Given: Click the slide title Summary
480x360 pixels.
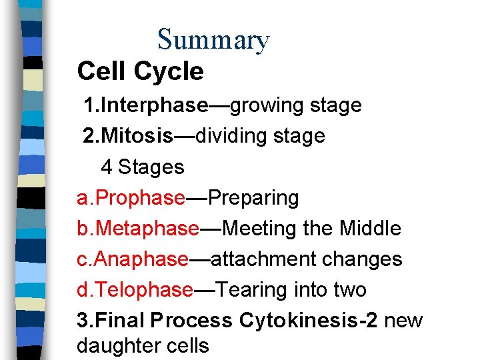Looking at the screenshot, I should [x=213, y=40].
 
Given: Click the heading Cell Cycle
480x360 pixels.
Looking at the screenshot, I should [x=140, y=71].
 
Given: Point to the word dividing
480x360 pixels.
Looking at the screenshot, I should [x=237, y=136].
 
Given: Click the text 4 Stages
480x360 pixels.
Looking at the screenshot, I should [x=142, y=167].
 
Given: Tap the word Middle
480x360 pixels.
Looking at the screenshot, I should [x=370, y=229].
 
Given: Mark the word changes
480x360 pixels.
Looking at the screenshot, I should [x=370, y=259].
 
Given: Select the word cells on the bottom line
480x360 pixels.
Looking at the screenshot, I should [x=189, y=346].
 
